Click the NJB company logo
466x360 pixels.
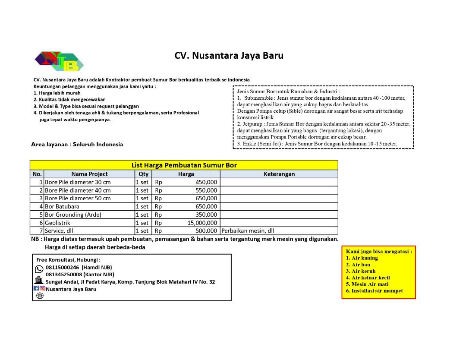[x=59, y=61]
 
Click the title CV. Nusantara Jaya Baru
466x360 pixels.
[x=229, y=56]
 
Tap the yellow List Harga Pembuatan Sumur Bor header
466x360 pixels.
[x=184, y=165]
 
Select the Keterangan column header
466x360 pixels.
[x=279, y=174]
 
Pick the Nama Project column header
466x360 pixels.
[x=89, y=174]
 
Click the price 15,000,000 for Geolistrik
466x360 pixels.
[x=202, y=223]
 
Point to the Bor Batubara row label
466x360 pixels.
[x=62, y=206]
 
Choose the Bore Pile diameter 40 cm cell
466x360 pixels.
[x=78, y=190]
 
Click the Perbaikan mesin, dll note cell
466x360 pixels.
[x=248, y=231]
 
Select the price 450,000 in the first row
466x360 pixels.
[x=206, y=182]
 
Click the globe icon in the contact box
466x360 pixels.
[x=40, y=296]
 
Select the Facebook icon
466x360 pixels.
[x=36, y=288]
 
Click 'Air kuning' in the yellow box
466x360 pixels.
[x=364, y=258]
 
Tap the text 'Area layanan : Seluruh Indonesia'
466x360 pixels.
[x=77, y=145]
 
